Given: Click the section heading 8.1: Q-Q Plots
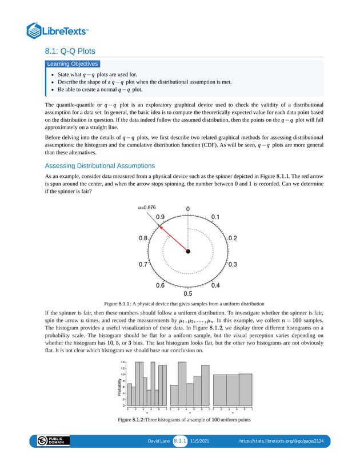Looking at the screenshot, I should [70, 51].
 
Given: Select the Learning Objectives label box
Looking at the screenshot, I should [73, 64].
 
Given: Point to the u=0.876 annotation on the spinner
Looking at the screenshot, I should [147, 208].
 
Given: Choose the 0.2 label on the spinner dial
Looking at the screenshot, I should [233, 237].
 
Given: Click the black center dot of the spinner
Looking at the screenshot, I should [188, 251].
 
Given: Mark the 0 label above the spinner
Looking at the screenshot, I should [188, 209].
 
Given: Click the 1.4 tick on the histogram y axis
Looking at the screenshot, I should [123, 362].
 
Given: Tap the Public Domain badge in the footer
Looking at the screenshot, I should [53, 441].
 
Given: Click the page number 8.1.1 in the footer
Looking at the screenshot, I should [181, 442].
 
